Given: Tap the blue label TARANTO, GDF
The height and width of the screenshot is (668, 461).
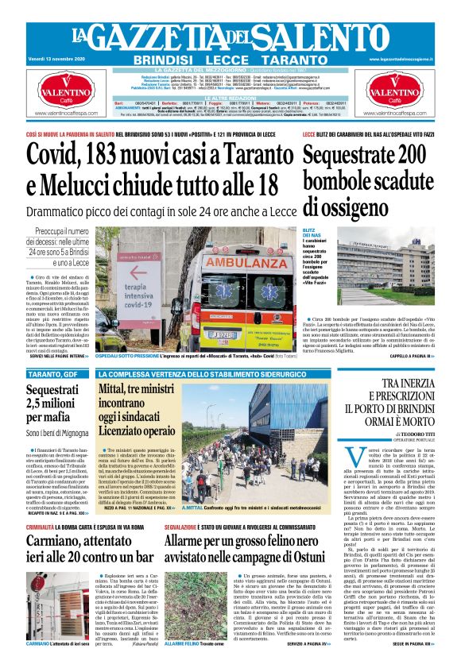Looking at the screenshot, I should coord(53,374).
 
